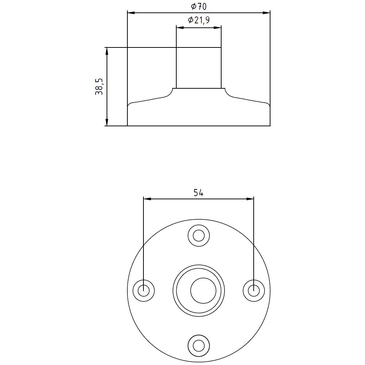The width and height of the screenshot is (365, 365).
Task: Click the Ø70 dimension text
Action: (x=199, y=6)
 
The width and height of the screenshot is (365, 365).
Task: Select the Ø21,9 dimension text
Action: (x=199, y=20)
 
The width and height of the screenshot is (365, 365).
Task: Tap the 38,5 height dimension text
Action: (x=99, y=87)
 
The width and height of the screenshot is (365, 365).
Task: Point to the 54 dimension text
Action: (x=198, y=193)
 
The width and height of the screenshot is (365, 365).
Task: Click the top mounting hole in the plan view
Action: (x=199, y=236)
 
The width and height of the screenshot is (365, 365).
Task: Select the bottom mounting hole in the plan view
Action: (x=199, y=345)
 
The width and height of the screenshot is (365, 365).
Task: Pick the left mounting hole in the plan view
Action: (x=144, y=291)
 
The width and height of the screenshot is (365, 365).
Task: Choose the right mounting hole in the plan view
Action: (x=254, y=291)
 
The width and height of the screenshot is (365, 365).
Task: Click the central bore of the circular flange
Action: (x=199, y=291)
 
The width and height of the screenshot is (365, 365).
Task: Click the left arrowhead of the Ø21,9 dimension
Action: (x=179, y=27)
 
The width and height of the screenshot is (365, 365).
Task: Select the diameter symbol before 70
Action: (x=193, y=6)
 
